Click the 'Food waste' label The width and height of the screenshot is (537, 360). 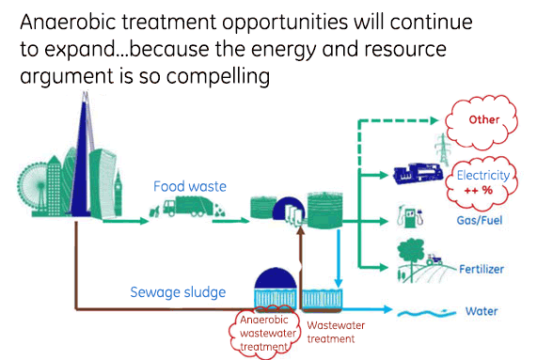(x=190, y=186)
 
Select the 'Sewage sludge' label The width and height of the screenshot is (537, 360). (x=179, y=291)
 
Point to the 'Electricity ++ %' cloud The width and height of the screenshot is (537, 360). (x=482, y=180)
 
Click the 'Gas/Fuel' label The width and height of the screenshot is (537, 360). (x=474, y=221)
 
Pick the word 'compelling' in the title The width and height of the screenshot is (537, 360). (x=221, y=73)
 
